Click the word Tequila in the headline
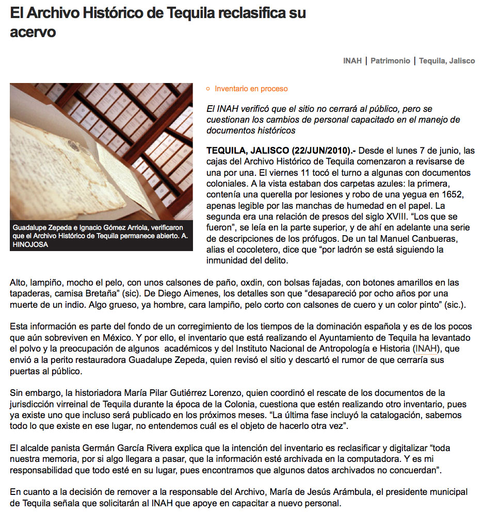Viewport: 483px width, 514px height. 190,13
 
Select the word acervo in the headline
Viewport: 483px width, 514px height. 33,32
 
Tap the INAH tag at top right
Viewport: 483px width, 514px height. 352,61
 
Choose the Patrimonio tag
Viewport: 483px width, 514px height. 390,61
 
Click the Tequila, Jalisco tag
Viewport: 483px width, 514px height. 447,61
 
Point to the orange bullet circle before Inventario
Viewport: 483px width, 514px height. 208,89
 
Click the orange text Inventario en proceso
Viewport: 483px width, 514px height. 251,89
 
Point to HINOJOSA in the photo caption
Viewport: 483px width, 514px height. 30,244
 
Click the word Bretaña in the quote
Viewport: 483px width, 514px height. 101,293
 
